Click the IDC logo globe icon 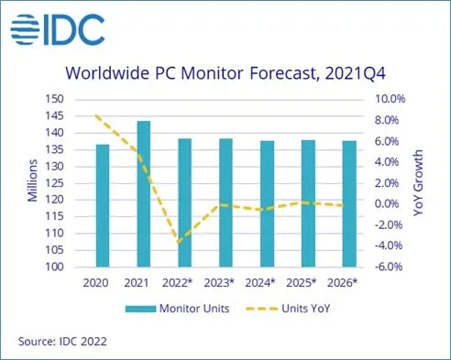25,29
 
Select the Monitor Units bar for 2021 144,194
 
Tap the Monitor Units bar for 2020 103,205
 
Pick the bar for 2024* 267,203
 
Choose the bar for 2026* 349,203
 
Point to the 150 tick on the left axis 54,99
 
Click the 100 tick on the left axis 54,267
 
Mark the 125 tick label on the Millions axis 54,183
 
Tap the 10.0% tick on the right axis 390,99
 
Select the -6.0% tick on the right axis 389,267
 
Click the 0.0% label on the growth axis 387,203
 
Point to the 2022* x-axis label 177,283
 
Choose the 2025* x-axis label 301,283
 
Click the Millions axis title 32,180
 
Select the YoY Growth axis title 418,183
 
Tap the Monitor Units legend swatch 140,309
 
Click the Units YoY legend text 306,309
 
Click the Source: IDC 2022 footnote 62,341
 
